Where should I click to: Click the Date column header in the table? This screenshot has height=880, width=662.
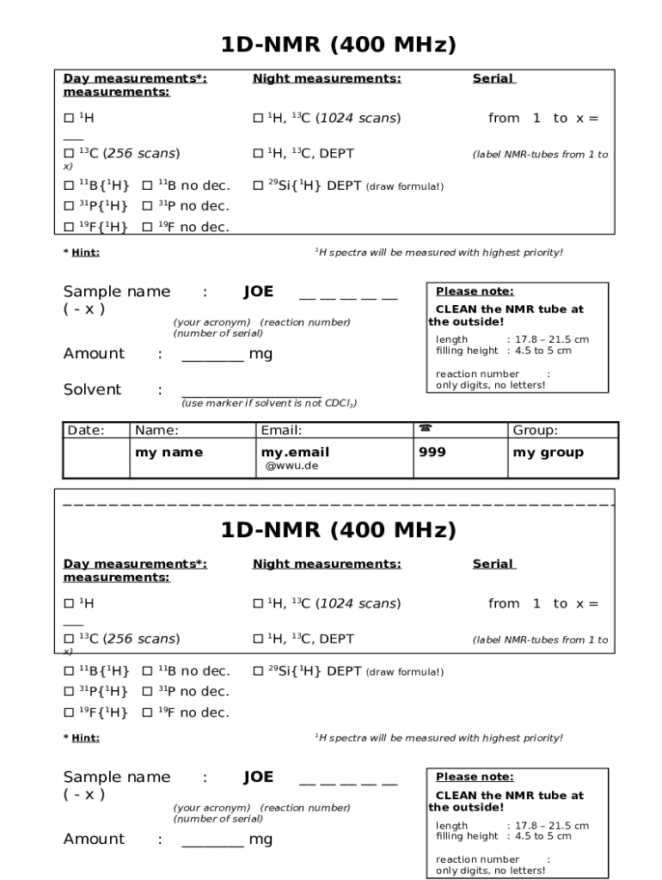[85, 431]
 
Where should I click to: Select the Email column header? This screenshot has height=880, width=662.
[281, 431]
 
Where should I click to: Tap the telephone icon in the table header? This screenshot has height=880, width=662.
[425, 429]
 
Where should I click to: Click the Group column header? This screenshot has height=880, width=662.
[535, 431]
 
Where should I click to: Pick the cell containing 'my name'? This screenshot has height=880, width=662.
[169, 453]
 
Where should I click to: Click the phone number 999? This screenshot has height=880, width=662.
[432, 453]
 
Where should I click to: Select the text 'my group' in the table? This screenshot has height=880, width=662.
[548, 453]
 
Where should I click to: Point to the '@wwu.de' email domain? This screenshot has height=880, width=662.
[291, 467]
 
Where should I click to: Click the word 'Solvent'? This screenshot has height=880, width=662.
[92, 390]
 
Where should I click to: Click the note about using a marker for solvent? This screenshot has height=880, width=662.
[268, 403]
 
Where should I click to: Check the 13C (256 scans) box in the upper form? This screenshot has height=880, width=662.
[69, 154]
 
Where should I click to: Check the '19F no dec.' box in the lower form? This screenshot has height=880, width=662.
[147, 712]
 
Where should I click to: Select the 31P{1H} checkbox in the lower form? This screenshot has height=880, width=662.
[69, 692]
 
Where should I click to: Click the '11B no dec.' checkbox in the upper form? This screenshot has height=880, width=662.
[147, 186]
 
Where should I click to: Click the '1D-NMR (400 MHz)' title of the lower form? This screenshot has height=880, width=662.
[338, 530]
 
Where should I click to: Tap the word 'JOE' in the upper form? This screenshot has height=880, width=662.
[258, 292]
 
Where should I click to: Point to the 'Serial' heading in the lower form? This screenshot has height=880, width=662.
[493, 565]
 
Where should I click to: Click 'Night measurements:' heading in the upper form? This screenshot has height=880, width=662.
[327, 79]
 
